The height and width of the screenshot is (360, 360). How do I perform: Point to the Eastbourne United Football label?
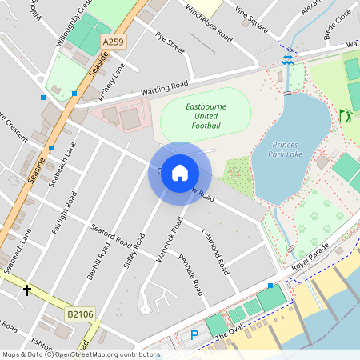pos(191,115)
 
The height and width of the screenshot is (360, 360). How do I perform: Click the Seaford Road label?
pos(111,238)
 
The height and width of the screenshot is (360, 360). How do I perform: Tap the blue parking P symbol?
pos(193,335)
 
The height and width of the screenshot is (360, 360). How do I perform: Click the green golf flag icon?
pos(345,115)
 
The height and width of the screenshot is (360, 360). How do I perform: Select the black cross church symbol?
pos(28,290)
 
